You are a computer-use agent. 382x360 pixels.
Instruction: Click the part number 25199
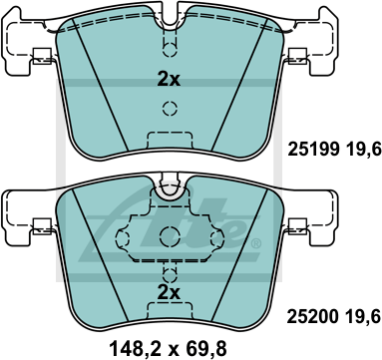[x=313, y=149]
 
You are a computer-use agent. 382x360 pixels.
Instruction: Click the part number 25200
[x=313, y=316]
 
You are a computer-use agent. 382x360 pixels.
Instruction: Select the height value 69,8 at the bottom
[x=206, y=349]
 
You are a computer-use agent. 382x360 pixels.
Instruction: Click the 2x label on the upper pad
[x=169, y=80]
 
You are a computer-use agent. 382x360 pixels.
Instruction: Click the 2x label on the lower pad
[x=169, y=292]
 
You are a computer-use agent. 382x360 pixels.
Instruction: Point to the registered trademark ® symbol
[x=255, y=244]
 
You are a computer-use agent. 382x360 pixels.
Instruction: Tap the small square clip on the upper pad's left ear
[x=43, y=56]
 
